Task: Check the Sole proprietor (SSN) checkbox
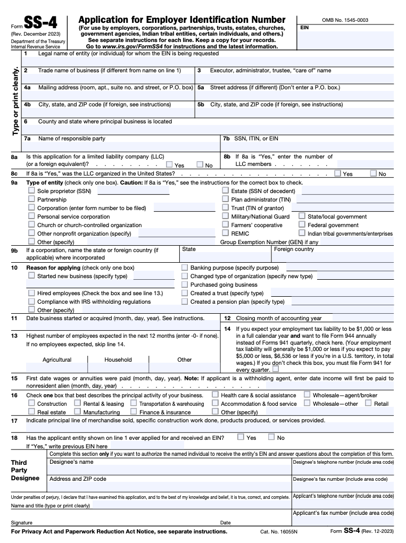pos(32,190)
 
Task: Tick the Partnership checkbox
pos(32,199)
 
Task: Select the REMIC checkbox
pos(226,233)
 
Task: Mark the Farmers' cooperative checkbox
pos(226,224)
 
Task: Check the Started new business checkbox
pos(32,275)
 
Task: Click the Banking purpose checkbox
pos(185,268)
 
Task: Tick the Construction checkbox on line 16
pos(32,403)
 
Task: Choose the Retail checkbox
pos(368,403)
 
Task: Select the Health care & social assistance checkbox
pos(215,395)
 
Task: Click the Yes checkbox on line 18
pos(241,437)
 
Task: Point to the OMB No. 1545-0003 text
pos(345,20)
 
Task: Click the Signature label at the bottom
pos(22,523)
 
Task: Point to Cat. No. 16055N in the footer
pos(279,531)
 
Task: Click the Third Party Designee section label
pos(25,470)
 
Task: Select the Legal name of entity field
pos(208,61)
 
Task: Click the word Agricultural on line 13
pos(57,360)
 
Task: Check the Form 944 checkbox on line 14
pos(276,369)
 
